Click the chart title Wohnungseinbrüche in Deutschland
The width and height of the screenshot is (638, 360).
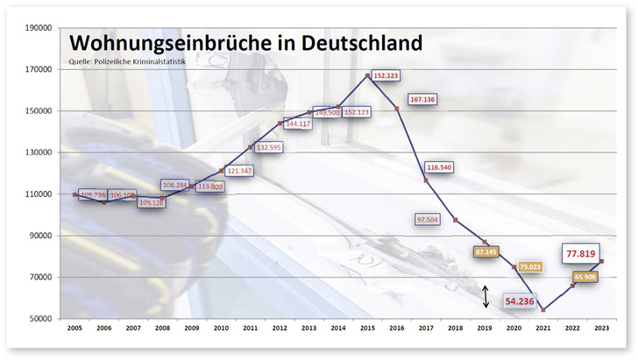click(245, 44)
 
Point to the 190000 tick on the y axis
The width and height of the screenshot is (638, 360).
click(39, 28)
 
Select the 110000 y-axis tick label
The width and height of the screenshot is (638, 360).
click(39, 194)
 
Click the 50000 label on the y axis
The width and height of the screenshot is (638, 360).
click(39, 319)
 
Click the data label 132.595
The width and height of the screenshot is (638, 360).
click(267, 148)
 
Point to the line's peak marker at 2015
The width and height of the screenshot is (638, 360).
click(368, 76)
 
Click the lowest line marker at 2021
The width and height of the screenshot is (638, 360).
click(543, 310)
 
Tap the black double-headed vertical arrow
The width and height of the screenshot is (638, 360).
click(486, 296)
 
